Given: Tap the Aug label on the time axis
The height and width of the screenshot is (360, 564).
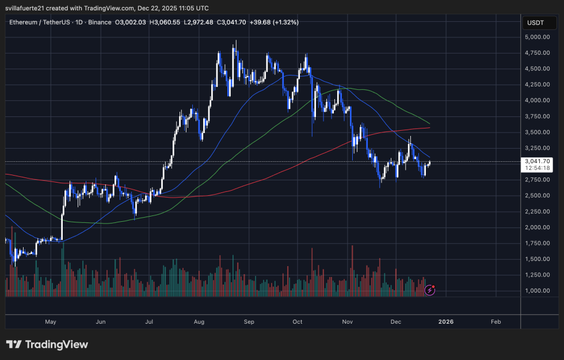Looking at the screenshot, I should pos(200,321).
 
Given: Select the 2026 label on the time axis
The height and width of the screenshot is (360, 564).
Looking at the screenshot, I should pos(445,321).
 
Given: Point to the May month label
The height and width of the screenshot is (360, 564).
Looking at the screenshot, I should pos(50,321).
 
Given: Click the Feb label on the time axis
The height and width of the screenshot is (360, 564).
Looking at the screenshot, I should pos(496,321).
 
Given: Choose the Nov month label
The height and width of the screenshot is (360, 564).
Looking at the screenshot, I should pos(347,321).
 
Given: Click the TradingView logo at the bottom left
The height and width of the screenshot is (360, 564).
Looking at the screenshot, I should pos(47,344).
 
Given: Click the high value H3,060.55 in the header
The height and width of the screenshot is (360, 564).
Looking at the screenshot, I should pos(165,22).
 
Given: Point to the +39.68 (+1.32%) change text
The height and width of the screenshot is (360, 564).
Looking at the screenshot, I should pos(275,22).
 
